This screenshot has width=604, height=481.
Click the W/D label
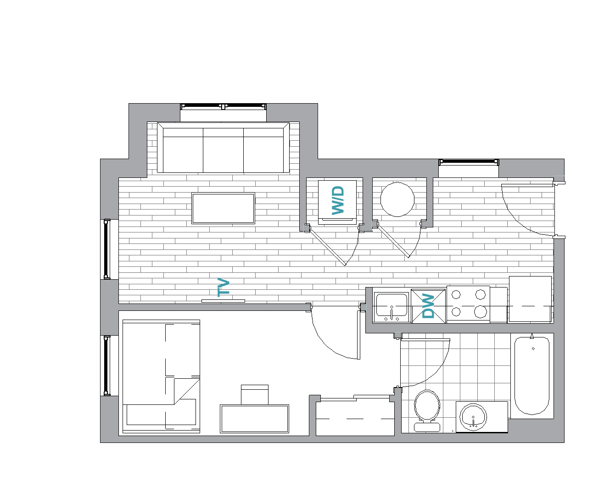tap(338, 200)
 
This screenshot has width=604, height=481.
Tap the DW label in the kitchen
tap(428, 306)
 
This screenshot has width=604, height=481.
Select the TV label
tap(224, 287)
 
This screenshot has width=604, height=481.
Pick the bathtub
tap(531, 376)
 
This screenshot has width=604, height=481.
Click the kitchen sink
tap(391, 305)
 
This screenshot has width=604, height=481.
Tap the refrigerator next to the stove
tap(530, 299)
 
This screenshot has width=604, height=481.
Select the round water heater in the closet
tap(397, 199)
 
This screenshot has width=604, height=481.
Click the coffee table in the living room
tap(223, 208)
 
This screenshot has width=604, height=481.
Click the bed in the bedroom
tap(161, 376)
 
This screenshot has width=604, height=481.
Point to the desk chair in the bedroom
tap(254, 394)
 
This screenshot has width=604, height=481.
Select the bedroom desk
tap(254, 419)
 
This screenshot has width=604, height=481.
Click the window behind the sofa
tap(224, 107)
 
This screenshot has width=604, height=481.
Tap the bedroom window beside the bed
tap(107, 365)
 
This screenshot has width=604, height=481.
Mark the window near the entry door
tap(468, 162)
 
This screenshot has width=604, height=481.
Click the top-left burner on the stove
tap(457, 294)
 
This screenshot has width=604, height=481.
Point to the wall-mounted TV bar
tap(223, 301)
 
